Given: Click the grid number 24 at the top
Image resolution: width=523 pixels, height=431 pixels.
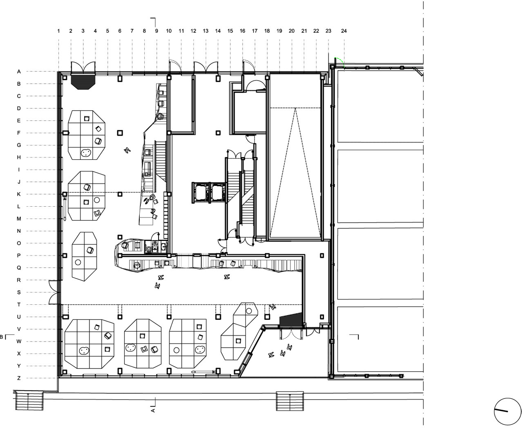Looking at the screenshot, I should pyautogui.click(x=344, y=31).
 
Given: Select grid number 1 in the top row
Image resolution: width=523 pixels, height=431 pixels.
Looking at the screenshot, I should pyautogui.click(x=59, y=31).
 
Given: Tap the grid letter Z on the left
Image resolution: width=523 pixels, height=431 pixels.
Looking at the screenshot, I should pyautogui.click(x=19, y=378).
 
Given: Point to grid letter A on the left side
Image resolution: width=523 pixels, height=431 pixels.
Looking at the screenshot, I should pyautogui.click(x=19, y=72).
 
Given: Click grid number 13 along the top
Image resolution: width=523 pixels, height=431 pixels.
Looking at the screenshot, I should pyautogui.click(x=206, y=31).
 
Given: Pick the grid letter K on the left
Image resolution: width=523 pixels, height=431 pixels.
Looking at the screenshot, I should pyautogui.click(x=19, y=194).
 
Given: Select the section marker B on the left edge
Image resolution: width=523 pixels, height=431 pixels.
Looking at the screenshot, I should pyautogui.click(x=2, y=337).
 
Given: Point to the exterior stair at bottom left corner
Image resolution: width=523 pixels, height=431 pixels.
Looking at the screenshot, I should pyautogui.click(x=29, y=401).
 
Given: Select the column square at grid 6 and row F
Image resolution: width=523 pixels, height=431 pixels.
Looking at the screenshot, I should pyautogui.click(x=120, y=133).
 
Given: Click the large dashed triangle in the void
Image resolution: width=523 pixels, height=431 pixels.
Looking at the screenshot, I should pyautogui.click(x=294, y=172).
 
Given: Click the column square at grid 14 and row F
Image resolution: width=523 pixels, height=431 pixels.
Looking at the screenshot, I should pyautogui.click(x=218, y=133).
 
